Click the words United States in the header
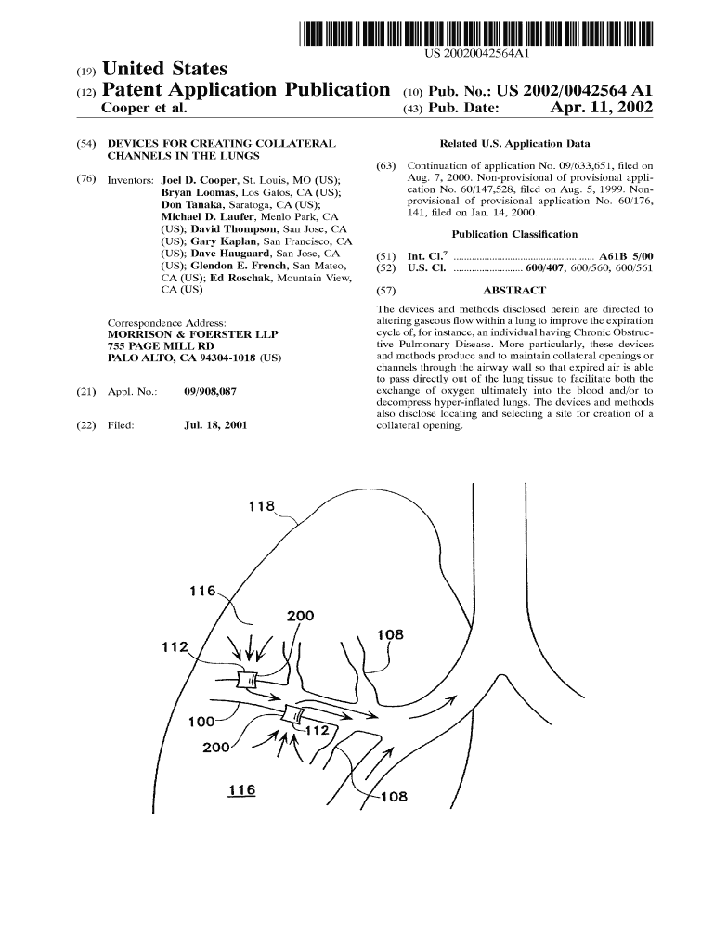tap(163, 69)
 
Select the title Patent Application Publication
tap(244, 90)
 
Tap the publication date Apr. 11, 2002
tap(601, 109)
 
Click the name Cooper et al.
tap(143, 109)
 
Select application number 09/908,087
tap(211, 392)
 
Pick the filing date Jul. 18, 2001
tap(216, 425)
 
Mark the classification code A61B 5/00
tap(626, 255)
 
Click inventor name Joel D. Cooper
tap(199, 178)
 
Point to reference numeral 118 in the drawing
tap(262, 507)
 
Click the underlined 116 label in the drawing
tap(241, 790)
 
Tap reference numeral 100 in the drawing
tap(201, 723)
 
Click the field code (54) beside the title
tap(88, 145)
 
